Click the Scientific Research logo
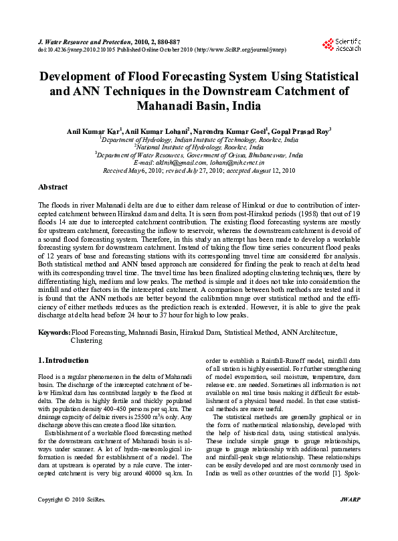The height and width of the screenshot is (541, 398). click(x=341, y=44)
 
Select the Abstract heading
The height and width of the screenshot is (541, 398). click(x=53, y=187)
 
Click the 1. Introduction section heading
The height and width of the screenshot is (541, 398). click(x=63, y=360)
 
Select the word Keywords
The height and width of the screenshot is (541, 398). click(x=54, y=332)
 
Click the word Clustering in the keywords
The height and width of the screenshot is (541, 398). click(x=86, y=340)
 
